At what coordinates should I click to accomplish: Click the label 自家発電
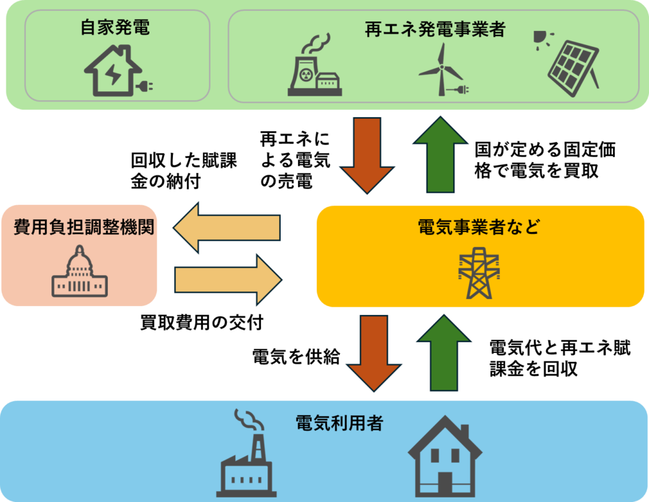pos(115,28)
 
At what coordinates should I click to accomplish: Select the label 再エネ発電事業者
pos(434,29)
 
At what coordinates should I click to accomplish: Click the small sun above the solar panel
pos(540,37)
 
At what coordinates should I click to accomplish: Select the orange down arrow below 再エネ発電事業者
pos(367,154)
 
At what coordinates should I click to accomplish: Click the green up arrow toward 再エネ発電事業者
pos(440,154)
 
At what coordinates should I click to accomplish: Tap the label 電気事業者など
pos(479,227)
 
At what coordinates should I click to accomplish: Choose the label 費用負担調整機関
pos(84,228)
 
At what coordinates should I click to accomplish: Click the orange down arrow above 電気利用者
pos(373,352)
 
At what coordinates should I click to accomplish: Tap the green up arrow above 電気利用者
pos(443,352)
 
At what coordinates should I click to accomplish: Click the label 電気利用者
pos(340,423)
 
